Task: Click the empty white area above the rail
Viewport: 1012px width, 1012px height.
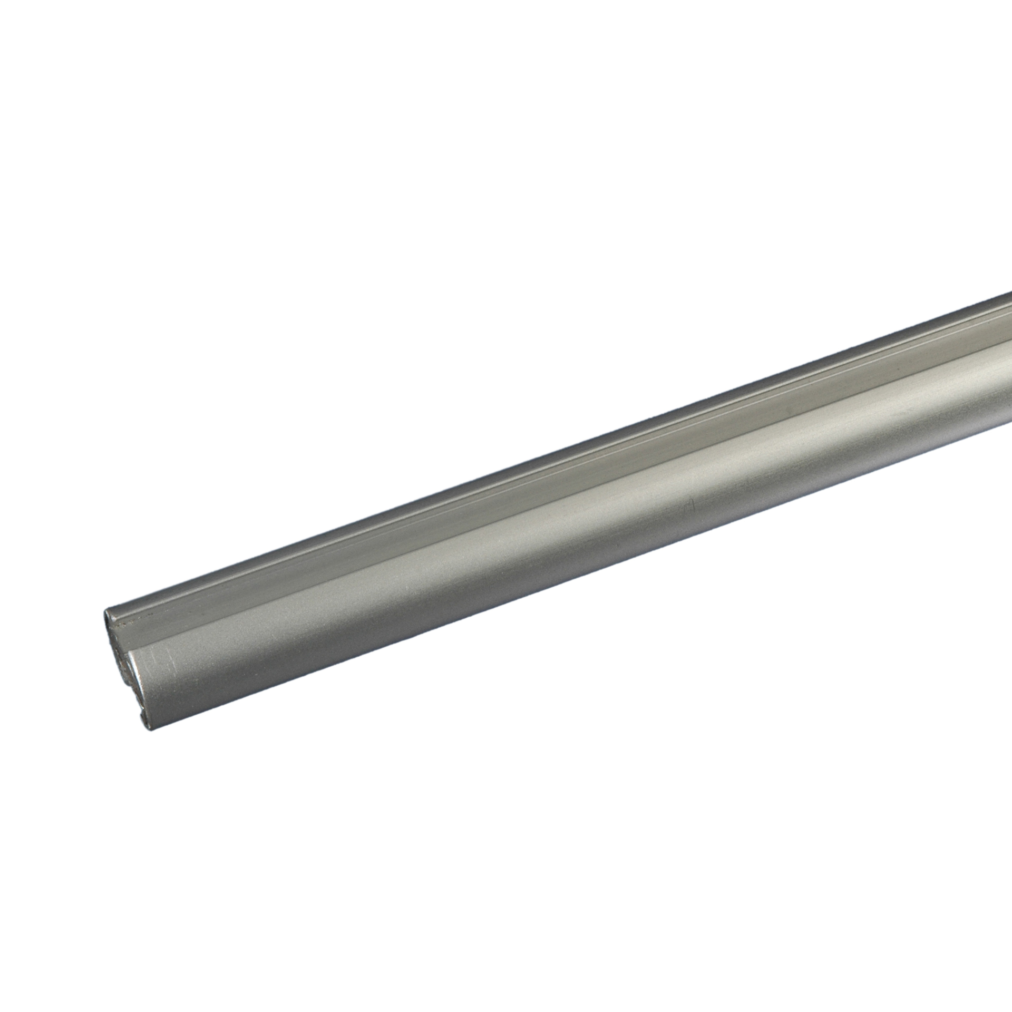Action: (x=369, y=211)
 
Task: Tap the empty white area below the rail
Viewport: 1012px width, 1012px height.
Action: (x=632, y=791)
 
